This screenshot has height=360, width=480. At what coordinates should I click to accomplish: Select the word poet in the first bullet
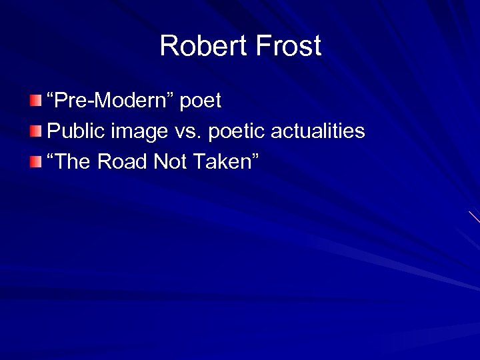pyautogui.click(x=199, y=102)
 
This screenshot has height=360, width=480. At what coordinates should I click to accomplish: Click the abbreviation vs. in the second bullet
pyautogui.click(x=188, y=132)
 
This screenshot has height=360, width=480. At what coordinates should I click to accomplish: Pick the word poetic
pyautogui.click(x=237, y=132)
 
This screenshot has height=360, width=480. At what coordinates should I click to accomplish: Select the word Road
pyautogui.click(x=125, y=162)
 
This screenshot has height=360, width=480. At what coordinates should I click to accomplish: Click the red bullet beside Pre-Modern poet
pyautogui.click(x=35, y=101)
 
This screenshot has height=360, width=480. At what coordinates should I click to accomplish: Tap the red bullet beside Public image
pyautogui.click(x=35, y=131)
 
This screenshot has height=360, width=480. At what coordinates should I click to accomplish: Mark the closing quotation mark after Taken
pyautogui.click(x=255, y=157)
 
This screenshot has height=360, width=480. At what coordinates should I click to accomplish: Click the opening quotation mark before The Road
pyautogui.click(x=51, y=157)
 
